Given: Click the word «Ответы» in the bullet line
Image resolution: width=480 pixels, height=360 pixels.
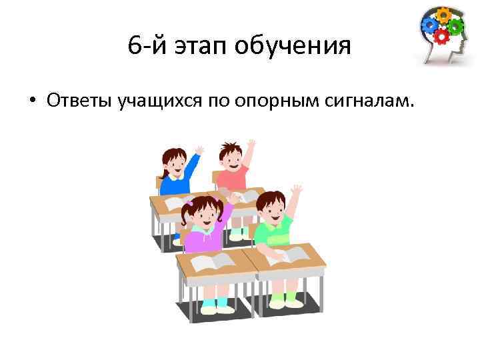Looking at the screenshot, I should click(x=79, y=101).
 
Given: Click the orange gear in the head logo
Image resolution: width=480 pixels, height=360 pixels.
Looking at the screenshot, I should click(x=443, y=15).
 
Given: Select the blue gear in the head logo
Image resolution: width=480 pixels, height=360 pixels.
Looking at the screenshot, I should click(x=430, y=25).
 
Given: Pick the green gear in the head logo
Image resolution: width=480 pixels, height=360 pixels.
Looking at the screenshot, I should click(x=456, y=26).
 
